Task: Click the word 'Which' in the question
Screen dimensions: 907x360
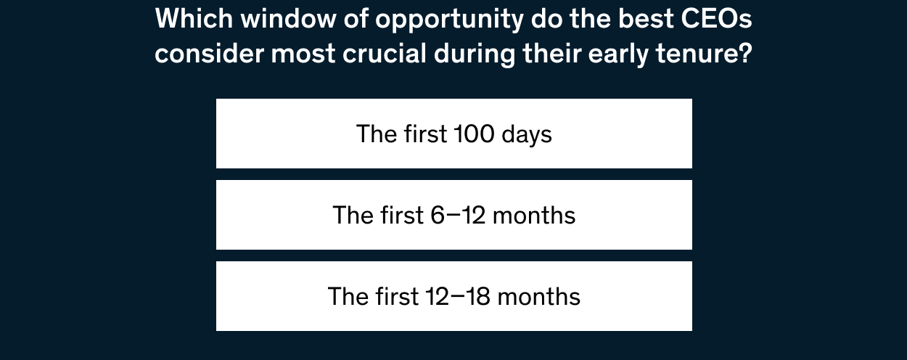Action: click(x=194, y=19)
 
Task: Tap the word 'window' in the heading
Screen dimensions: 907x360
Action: click(x=288, y=19)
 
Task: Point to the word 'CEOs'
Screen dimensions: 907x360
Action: click(x=716, y=19)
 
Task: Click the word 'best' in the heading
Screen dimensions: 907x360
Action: click(x=646, y=19)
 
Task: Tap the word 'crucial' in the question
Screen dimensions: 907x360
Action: click(x=385, y=54)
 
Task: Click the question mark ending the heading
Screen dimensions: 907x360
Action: click(x=745, y=54)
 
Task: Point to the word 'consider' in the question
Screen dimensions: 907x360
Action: click(x=209, y=54)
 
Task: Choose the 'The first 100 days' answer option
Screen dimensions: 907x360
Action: click(x=454, y=134)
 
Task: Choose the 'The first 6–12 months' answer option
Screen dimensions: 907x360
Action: click(x=454, y=215)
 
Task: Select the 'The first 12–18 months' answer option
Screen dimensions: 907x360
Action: click(x=454, y=296)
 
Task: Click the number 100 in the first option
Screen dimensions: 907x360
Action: click(x=474, y=134)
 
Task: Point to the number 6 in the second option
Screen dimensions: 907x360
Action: click(x=438, y=216)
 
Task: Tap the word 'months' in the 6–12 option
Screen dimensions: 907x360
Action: click(x=534, y=216)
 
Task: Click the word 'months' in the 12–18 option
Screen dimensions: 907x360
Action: click(x=539, y=297)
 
